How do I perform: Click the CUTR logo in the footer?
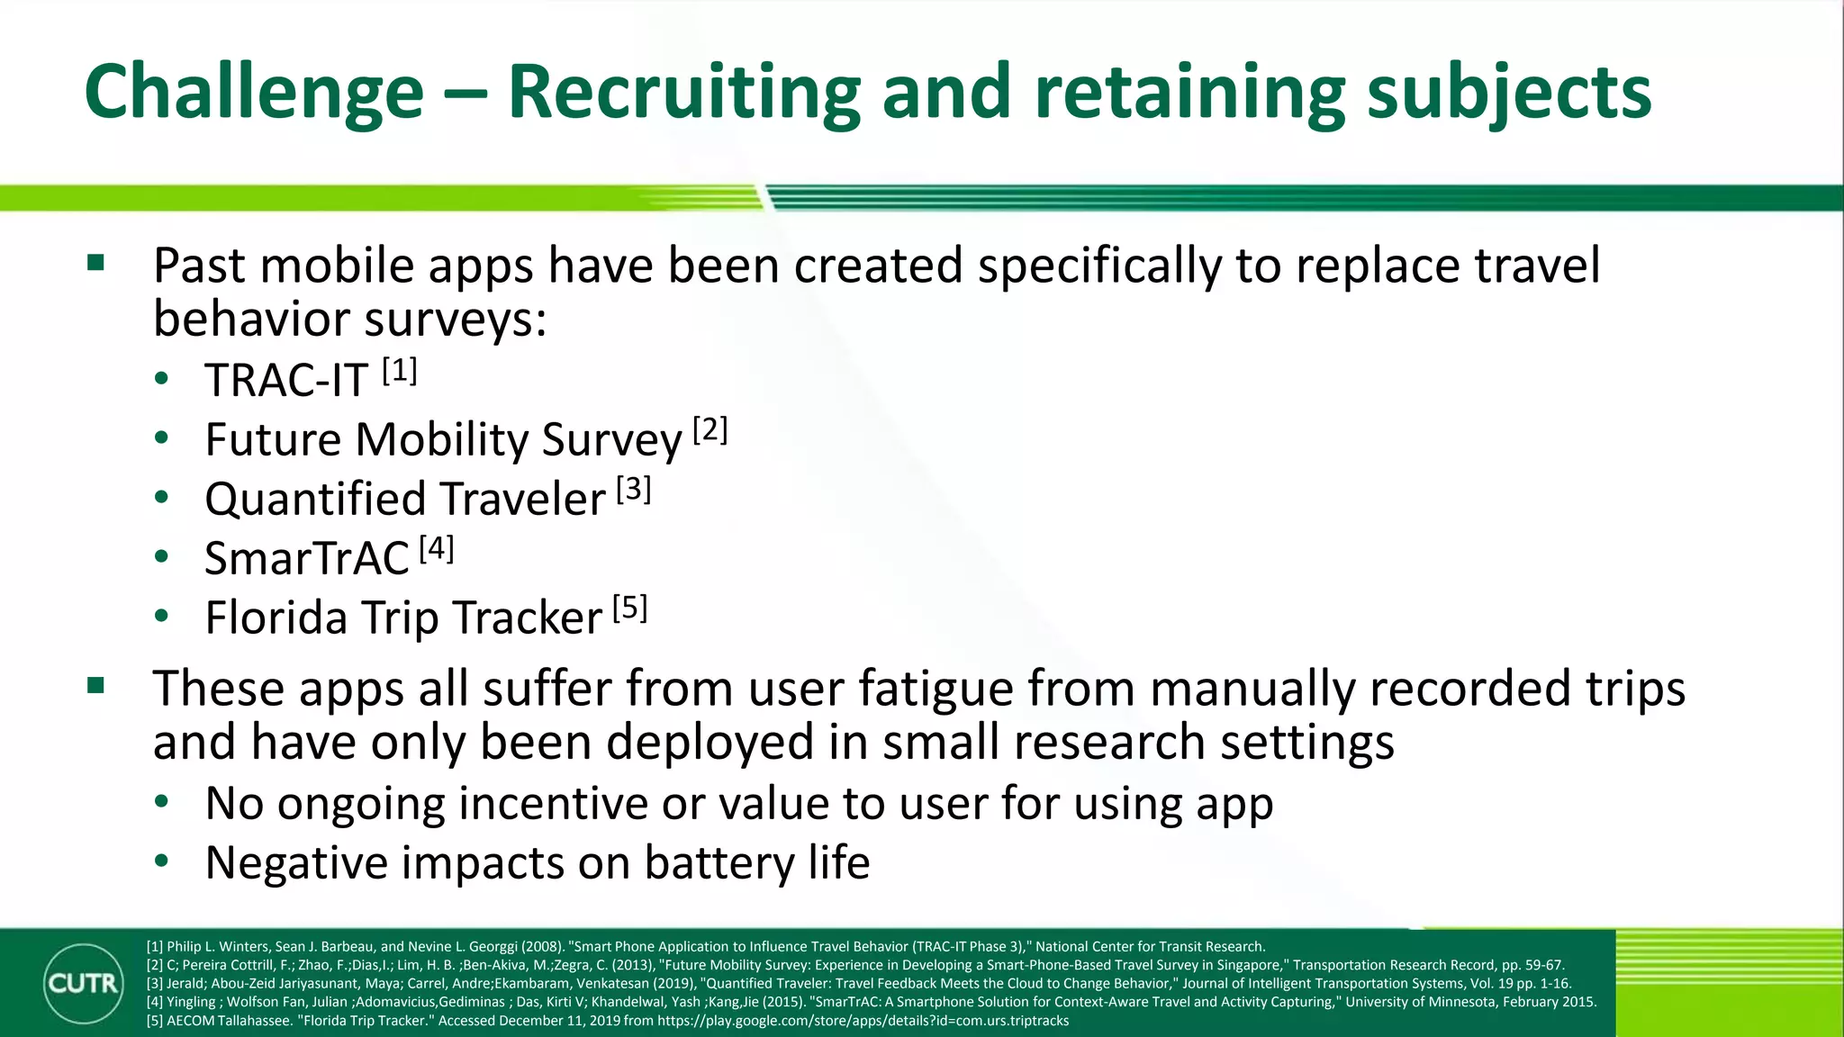click(x=83, y=983)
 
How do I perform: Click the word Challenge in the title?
click(x=254, y=92)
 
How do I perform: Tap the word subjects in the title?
click(x=1509, y=94)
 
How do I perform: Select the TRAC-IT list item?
click(x=286, y=380)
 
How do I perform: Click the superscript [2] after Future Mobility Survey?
click(x=710, y=430)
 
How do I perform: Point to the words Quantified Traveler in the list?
click(x=405, y=499)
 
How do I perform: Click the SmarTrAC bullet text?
click(x=307, y=558)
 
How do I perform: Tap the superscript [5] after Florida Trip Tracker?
click(x=630, y=609)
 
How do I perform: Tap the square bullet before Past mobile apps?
click(x=96, y=264)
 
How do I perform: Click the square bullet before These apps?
click(x=96, y=686)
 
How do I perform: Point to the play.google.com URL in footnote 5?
click(x=863, y=1021)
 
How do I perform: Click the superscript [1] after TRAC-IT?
click(x=399, y=371)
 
